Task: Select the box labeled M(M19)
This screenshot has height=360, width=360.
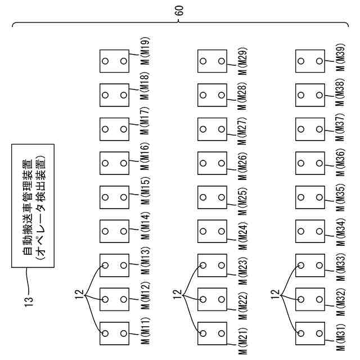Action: coord(114,61)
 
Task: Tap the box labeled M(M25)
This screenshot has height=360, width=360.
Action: coord(212,197)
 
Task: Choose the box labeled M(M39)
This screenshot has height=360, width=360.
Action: coord(310,61)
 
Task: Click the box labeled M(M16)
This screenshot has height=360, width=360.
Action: coord(114,163)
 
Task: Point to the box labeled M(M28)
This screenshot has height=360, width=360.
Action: coord(212,95)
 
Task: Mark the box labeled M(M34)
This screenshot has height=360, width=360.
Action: coord(310,231)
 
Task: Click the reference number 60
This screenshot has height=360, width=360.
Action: coord(179,10)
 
